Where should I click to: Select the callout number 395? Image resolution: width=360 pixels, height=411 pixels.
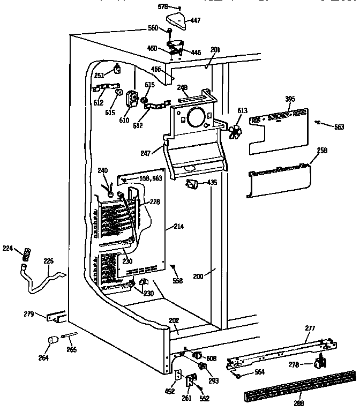[290, 99]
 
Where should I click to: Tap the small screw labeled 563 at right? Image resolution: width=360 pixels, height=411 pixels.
[318, 123]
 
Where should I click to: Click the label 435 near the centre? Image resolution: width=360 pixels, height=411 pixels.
[212, 183]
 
